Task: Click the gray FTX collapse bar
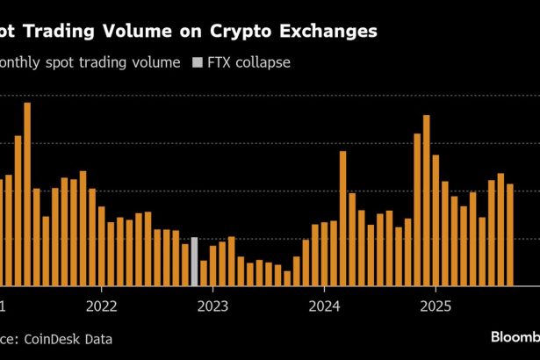[x=194, y=262]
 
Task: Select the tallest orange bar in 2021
[x=27, y=194]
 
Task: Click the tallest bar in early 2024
[x=342, y=219]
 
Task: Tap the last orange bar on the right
[x=509, y=234]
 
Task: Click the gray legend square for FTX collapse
[x=196, y=63]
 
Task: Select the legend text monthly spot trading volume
[x=91, y=63]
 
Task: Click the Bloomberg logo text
[x=514, y=338]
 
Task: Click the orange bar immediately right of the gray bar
[x=204, y=273]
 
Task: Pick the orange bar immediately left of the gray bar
[x=185, y=264]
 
